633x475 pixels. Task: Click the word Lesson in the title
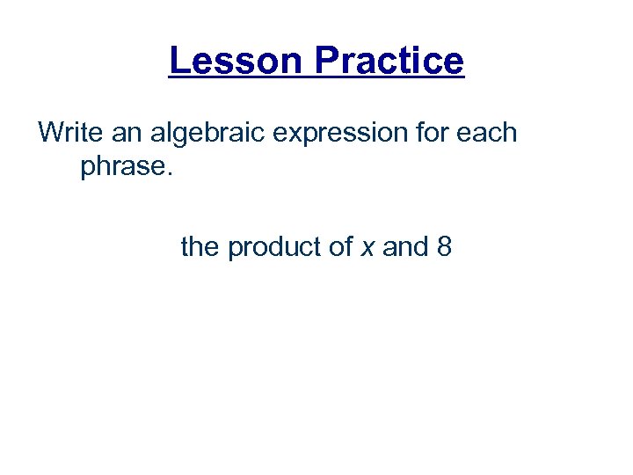tap(236, 61)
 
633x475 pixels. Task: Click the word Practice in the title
tap(389, 61)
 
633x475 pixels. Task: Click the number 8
tap(444, 247)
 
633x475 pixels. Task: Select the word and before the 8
tap(405, 247)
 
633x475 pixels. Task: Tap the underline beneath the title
tap(316, 78)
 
